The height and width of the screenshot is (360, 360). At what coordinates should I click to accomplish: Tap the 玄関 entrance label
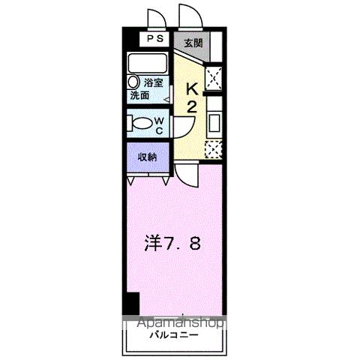pyautogui.click(x=193, y=42)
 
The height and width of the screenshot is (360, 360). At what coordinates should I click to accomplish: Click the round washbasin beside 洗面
pyautogui.click(x=133, y=82)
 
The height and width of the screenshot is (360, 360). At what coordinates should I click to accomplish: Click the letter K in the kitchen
pyautogui.click(x=191, y=88)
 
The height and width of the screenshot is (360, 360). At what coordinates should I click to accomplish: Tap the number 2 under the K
pyautogui.click(x=191, y=108)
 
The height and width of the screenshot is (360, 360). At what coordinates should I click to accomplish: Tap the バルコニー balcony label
pyautogui.click(x=172, y=334)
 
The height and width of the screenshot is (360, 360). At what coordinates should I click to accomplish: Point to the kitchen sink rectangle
pyautogui.click(x=213, y=122)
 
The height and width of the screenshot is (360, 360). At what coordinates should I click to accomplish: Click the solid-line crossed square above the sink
pyautogui.click(x=213, y=78)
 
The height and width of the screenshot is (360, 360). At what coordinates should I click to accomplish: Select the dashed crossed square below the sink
pyautogui.click(x=213, y=149)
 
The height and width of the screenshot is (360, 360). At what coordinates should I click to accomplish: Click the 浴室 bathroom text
pyautogui.click(x=154, y=83)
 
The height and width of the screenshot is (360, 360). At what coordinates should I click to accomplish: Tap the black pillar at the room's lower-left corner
pyautogui.click(x=132, y=303)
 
